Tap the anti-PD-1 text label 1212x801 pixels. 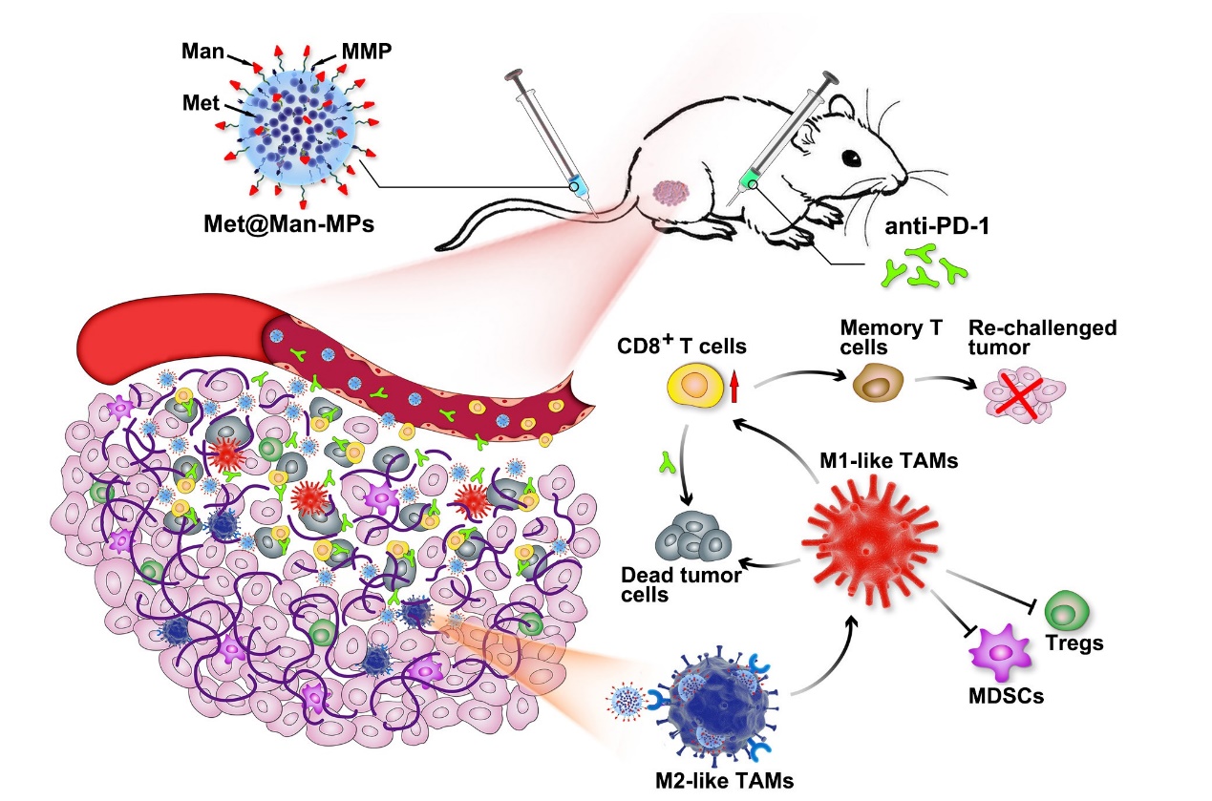click(917, 231)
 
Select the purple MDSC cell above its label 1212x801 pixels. click(1000, 655)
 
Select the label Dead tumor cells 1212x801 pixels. click(669, 585)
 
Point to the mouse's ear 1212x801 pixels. click(845, 100)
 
